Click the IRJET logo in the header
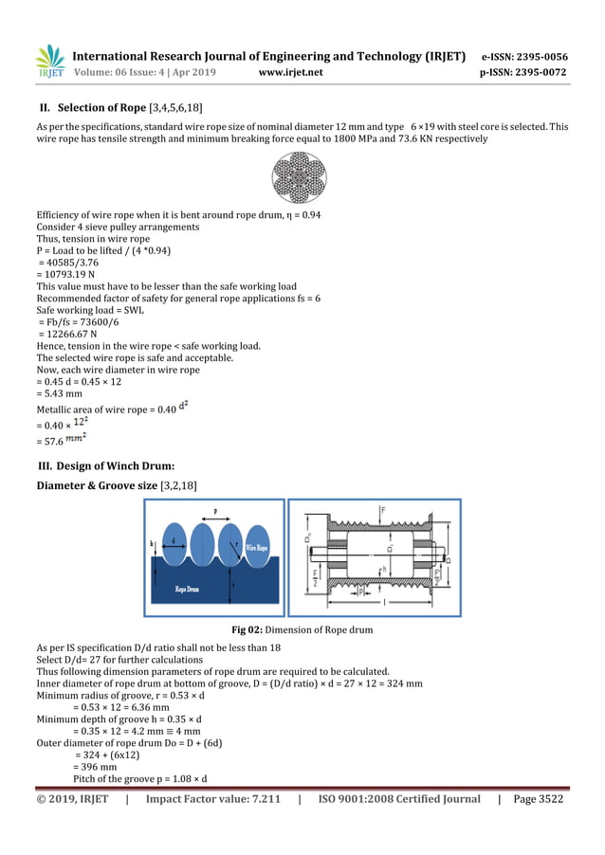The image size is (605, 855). (x=49, y=62)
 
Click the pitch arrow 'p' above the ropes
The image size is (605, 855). (x=215, y=510)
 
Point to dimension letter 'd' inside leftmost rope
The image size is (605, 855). (x=173, y=541)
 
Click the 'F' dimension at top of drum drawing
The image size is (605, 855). (x=383, y=510)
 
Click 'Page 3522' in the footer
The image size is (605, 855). (x=538, y=799)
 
